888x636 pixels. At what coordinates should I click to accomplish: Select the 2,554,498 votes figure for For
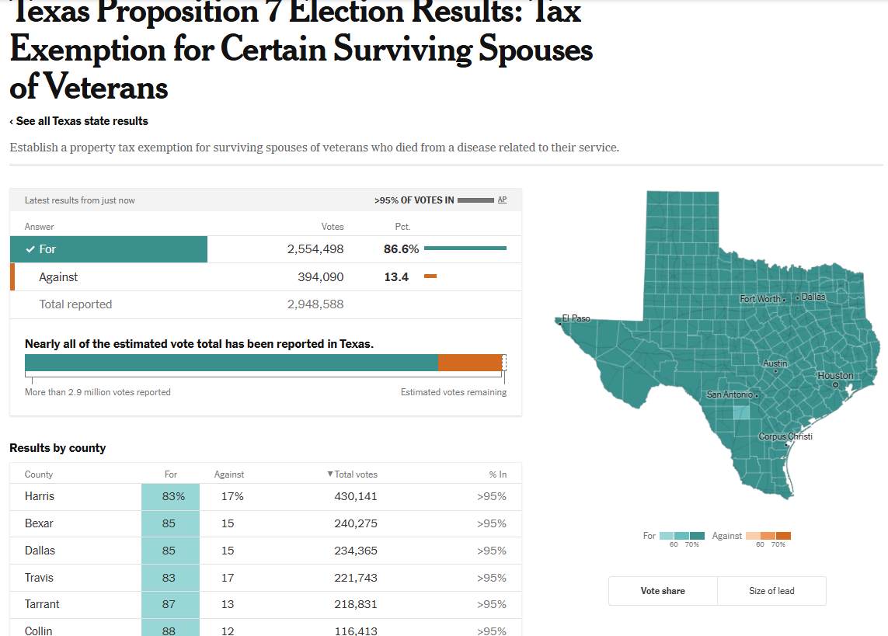[x=315, y=249]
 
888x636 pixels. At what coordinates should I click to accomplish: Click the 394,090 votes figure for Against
[x=320, y=277]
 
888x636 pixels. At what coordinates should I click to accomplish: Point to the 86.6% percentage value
[x=401, y=249]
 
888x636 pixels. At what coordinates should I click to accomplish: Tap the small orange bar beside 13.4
[x=430, y=276]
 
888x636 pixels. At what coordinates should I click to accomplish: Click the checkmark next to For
[x=30, y=249]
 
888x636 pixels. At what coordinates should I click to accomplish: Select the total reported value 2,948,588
[x=315, y=304]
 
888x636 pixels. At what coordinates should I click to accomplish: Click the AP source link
[x=502, y=200]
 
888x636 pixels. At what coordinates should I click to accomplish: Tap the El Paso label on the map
[x=576, y=318]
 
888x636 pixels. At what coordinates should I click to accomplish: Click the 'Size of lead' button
[x=771, y=591]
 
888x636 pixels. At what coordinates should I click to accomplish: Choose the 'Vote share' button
[x=663, y=591]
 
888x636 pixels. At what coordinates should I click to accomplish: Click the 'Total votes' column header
[x=356, y=474]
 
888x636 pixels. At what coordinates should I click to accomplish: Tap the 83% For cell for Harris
[x=170, y=497]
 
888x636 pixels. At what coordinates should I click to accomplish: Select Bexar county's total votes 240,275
[x=355, y=524]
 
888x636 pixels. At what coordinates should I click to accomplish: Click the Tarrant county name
[x=42, y=604]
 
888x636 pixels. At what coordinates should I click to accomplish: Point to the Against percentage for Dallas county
[x=228, y=551]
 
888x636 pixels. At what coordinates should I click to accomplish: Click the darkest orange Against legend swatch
[x=783, y=536]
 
